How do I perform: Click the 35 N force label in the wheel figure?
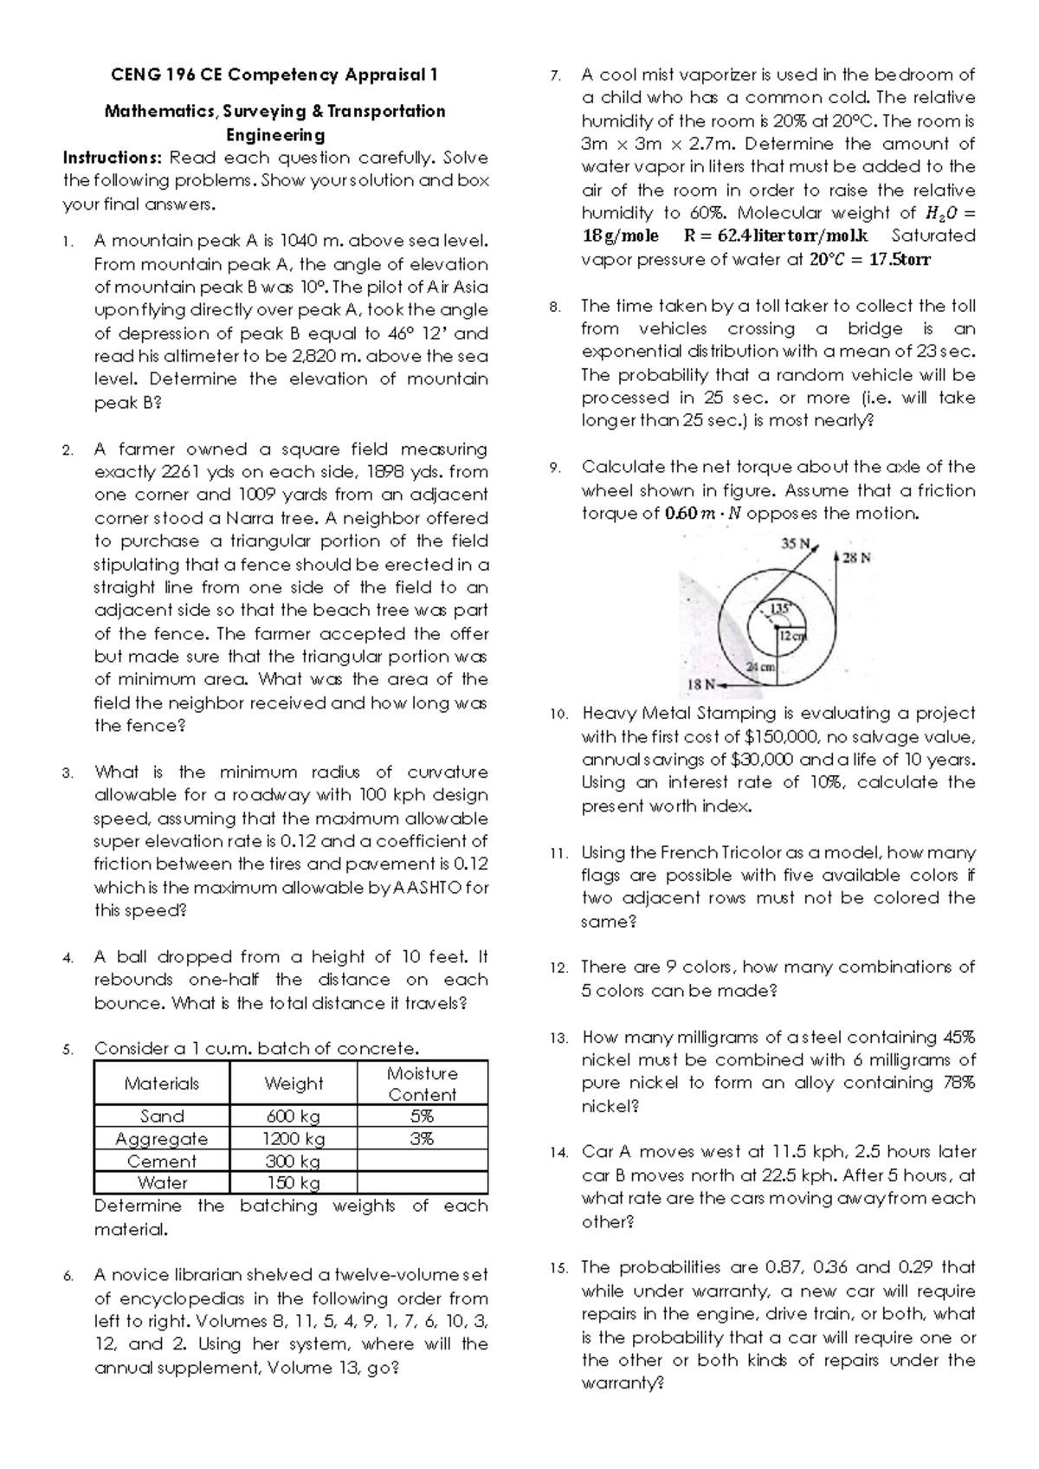click(x=794, y=544)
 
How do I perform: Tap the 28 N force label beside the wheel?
click(x=856, y=559)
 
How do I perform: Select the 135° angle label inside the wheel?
click(x=780, y=609)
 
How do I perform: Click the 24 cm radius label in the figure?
click(x=761, y=666)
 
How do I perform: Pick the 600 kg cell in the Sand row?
click(x=293, y=1116)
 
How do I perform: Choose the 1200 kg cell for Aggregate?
click(x=293, y=1139)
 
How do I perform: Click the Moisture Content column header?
click(x=422, y=1084)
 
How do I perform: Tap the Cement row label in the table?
click(x=162, y=1162)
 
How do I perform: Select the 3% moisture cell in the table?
click(x=422, y=1139)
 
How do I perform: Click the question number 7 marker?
click(x=556, y=76)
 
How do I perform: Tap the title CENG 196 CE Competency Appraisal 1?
click(x=274, y=74)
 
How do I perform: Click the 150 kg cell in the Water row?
click(x=293, y=1183)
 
